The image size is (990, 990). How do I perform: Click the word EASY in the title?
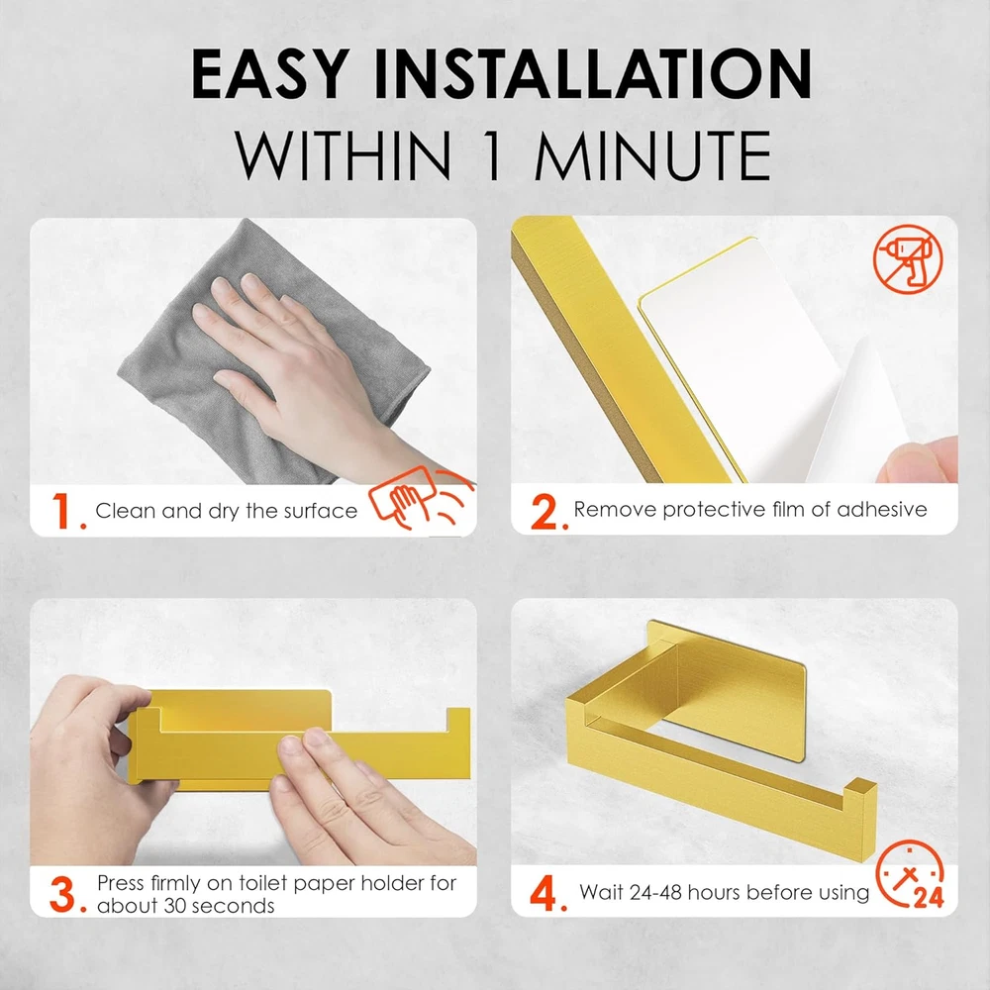(271, 74)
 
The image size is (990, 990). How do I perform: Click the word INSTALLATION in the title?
(593, 74)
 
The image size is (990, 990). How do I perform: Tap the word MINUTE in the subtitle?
(652, 155)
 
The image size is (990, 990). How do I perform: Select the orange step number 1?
(66, 511)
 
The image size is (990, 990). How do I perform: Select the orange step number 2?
(546, 511)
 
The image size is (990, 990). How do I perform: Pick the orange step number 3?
(66, 895)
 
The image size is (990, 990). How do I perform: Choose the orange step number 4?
(546, 893)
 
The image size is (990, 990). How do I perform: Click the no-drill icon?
(908, 258)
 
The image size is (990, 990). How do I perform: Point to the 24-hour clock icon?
(910, 875)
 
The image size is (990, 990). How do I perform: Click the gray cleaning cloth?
(271, 353)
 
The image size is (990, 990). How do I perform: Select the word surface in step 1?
(320, 510)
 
